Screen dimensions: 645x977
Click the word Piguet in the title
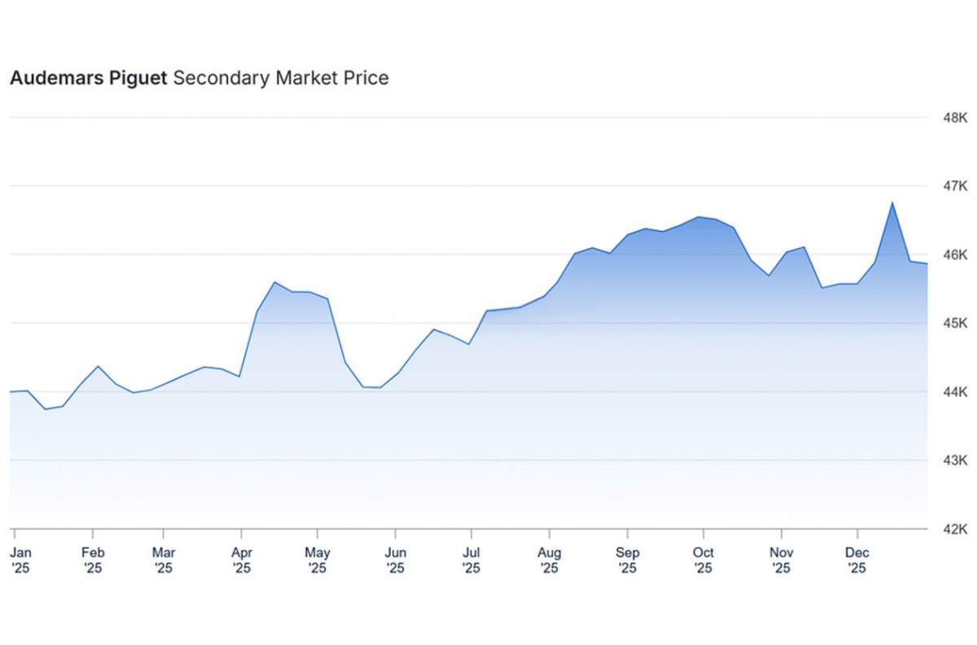(x=139, y=78)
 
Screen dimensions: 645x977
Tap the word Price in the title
(x=367, y=78)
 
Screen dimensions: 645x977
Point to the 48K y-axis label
(x=953, y=118)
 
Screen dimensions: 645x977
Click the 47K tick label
(x=953, y=186)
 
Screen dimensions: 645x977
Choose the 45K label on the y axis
(x=953, y=324)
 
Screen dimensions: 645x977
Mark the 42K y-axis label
(x=953, y=530)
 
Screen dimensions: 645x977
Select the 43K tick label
(x=953, y=460)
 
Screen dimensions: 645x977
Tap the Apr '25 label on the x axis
(x=241, y=560)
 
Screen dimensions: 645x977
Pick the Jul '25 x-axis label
(x=471, y=560)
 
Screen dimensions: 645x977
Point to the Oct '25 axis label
(x=703, y=560)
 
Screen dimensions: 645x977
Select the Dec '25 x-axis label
(x=857, y=560)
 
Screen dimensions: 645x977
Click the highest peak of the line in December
(x=892, y=203)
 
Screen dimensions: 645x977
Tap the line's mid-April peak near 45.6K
(x=274, y=282)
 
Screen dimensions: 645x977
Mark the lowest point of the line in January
(x=45, y=409)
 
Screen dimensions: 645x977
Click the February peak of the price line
(x=98, y=366)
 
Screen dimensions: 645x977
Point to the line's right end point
(x=927, y=264)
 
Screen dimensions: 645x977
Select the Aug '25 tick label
(x=550, y=560)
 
